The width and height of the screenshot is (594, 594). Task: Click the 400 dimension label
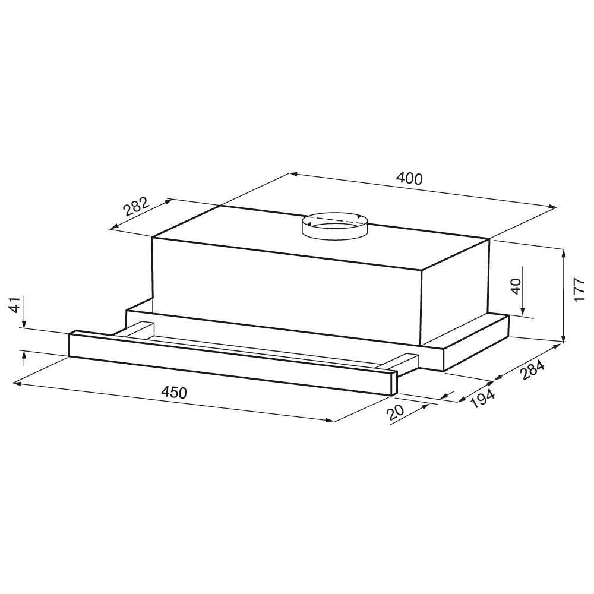tap(409, 178)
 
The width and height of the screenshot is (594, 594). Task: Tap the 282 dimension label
tap(135, 206)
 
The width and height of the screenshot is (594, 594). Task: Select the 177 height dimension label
tap(579, 290)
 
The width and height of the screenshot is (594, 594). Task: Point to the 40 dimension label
tap(516, 286)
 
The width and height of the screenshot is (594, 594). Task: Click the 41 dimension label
tap(14, 305)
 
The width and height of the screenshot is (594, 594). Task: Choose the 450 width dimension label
tap(174, 392)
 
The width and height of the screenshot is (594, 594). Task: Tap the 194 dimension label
tap(482, 399)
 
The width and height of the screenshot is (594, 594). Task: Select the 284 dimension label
tap(532, 369)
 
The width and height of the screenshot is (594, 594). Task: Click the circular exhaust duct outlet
tap(335, 226)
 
